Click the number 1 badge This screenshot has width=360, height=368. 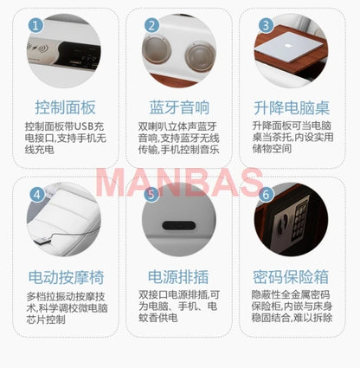pos(36,25)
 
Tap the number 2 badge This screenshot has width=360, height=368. pos(151,25)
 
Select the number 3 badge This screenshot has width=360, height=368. pos(265,25)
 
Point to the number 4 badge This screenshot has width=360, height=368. pos(36,194)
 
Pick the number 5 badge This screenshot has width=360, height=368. pos(151,195)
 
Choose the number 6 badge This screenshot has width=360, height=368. pos(265,194)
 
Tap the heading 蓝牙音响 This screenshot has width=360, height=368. pos(179,108)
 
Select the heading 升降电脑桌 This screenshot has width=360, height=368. pos(295,108)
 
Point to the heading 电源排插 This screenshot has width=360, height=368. pos(179,277)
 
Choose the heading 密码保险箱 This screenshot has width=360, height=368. pos(295,277)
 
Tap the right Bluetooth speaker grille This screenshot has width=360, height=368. pos(198,55)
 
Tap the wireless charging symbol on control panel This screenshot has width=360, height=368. pos(37,51)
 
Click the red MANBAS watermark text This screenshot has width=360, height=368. pos(179,184)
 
